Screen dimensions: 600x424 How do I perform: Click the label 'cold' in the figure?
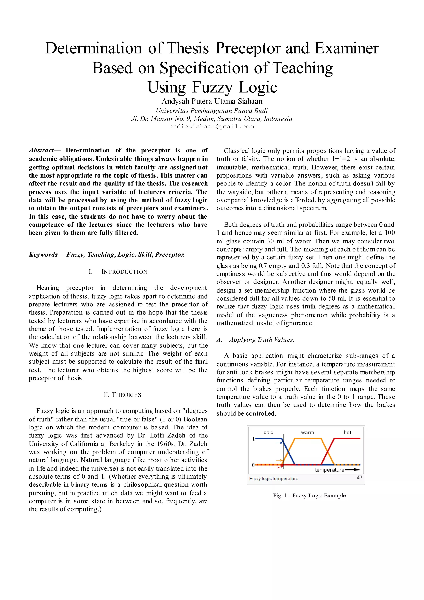(x=268, y=432)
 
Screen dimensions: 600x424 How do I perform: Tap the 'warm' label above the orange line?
(x=307, y=432)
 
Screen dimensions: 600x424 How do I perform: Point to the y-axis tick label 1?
(x=253, y=439)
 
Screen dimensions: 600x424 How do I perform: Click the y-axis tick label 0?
(x=253, y=465)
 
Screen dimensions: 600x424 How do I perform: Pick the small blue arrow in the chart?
(x=280, y=443)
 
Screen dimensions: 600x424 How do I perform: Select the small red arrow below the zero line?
(x=281, y=466)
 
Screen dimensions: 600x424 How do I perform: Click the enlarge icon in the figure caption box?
(x=360, y=477)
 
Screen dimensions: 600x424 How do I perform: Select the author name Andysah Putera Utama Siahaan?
(x=212, y=101)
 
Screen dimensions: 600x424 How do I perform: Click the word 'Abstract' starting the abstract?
(x=41, y=150)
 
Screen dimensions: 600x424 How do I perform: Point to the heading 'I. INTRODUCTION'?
(x=118, y=272)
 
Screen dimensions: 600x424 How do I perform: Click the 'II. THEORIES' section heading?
(x=122, y=395)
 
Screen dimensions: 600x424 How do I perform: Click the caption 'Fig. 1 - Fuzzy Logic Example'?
(x=309, y=495)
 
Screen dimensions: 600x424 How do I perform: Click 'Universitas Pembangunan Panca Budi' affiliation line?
(x=212, y=111)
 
